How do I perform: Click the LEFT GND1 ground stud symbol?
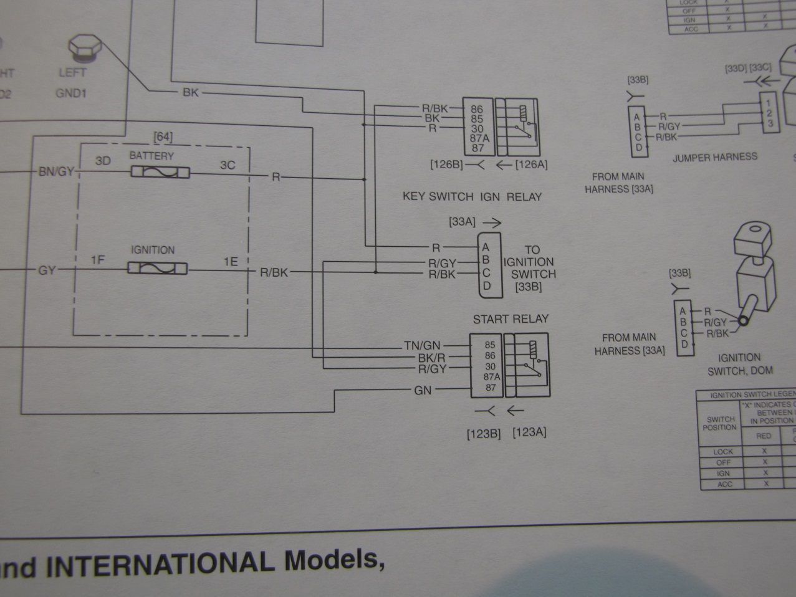(81, 47)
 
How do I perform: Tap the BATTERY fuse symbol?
(160, 172)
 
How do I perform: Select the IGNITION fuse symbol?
(158, 269)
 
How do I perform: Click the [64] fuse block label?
(163, 136)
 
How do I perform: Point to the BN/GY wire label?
(56, 172)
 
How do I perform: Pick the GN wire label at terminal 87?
(423, 390)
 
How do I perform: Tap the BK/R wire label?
(433, 358)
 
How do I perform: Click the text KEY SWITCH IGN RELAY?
(472, 196)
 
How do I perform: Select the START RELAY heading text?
(511, 319)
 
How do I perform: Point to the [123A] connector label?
(529, 432)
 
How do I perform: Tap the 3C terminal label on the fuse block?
(228, 165)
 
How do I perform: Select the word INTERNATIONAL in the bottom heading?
(161, 563)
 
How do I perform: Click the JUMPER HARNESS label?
(715, 158)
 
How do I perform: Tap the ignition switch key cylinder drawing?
(753, 274)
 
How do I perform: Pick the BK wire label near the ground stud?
(190, 93)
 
